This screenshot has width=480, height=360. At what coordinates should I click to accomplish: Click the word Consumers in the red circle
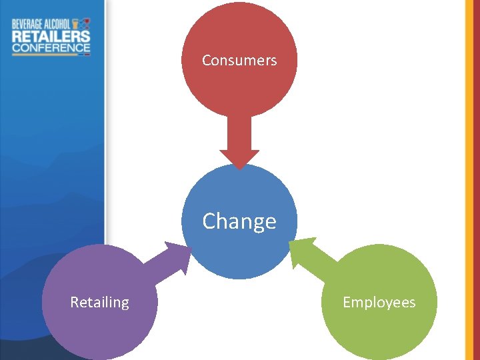click(239, 61)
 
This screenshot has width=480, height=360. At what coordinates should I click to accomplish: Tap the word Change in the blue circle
click(239, 221)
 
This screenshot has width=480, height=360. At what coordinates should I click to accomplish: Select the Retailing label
click(100, 303)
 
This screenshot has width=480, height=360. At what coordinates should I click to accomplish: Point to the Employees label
click(379, 303)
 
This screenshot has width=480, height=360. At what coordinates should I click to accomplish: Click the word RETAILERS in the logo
click(51, 36)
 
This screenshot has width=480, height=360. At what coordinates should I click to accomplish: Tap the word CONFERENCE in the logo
click(51, 48)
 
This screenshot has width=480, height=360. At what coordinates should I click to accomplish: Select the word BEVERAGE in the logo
click(28, 24)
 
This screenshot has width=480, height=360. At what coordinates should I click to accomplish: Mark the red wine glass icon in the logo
click(86, 23)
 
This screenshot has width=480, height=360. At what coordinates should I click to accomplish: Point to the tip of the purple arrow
click(189, 247)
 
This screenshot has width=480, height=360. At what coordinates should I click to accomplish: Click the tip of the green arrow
click(291, 242)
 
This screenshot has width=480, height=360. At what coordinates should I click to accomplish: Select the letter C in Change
click(209, 221)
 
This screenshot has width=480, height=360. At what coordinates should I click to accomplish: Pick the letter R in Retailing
click(75, 303)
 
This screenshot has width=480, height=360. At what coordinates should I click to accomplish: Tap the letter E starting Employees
click(347, 303)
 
